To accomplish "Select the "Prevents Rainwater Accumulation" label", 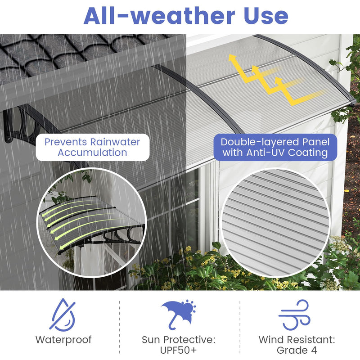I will (92, 147).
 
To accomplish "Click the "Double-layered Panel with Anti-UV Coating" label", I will (275, 147).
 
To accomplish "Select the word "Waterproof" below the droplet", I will (63, 340).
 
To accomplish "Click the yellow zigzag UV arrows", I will (270, 79).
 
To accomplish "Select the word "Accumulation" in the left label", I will (92, 153).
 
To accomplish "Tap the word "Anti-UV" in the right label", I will (264, 153).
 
